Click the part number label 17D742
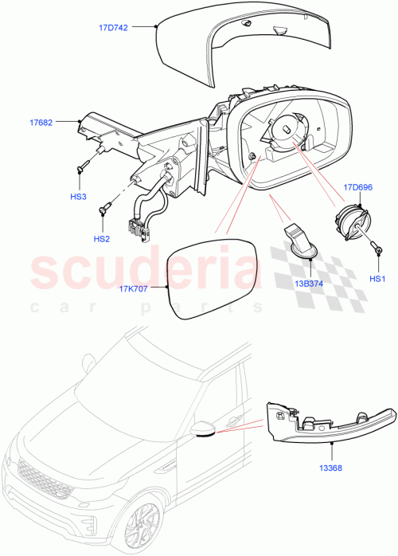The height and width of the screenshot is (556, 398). (x=114, y=26)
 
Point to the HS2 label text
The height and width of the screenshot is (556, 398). (x=101, y=238)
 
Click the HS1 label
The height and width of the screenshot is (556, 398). (x=378, y=278)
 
